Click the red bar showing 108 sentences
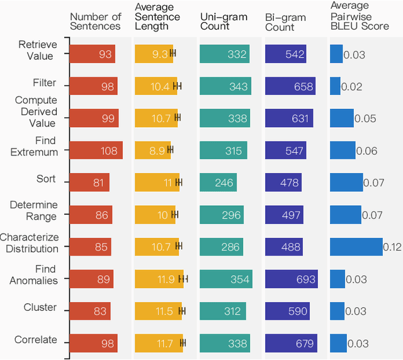(x=96, y=150)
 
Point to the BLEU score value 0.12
(x=392, y=247)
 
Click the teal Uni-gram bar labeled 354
(x=226, y=279)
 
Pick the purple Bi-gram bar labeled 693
(x=291, y=279)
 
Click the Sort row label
(x=46, y=179)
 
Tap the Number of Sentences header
(x=95, y=21)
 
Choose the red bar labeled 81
(x=89, y=183)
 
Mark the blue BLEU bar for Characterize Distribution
(x=356, y=247)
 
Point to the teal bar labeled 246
(x=218, y=183)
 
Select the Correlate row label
(x=35, y=340)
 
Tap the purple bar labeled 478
(x=283, y=183)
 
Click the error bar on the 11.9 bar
(x=184, y=279)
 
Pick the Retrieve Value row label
(x=37, y=50)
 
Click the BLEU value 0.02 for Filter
(x=351, y=86)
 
